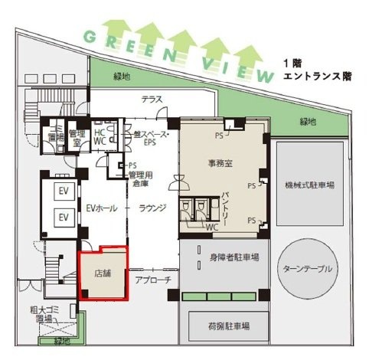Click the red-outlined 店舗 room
click(103, 273)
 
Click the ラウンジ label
click(152, 208)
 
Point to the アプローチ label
click(153, 280)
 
